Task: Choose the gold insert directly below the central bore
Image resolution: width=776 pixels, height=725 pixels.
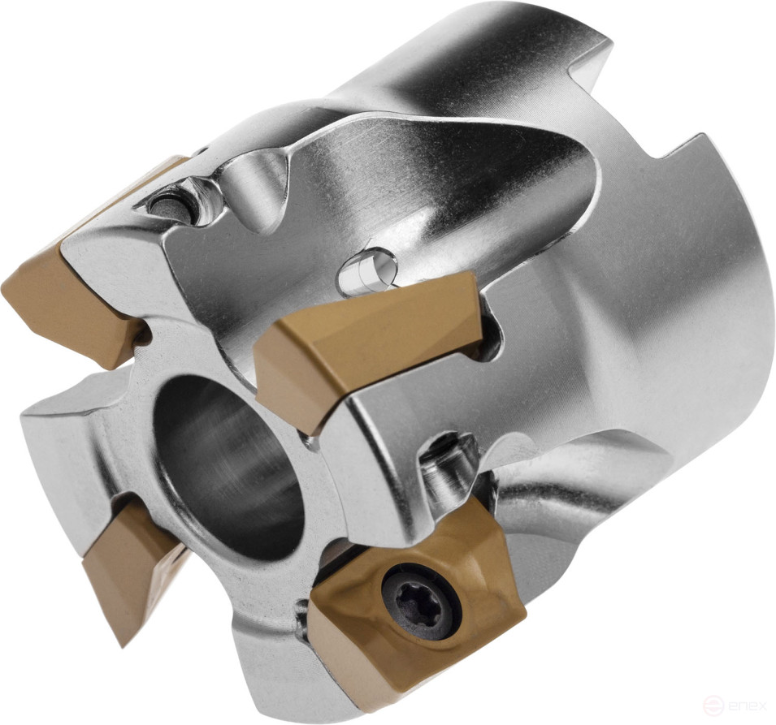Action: [130, 560]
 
